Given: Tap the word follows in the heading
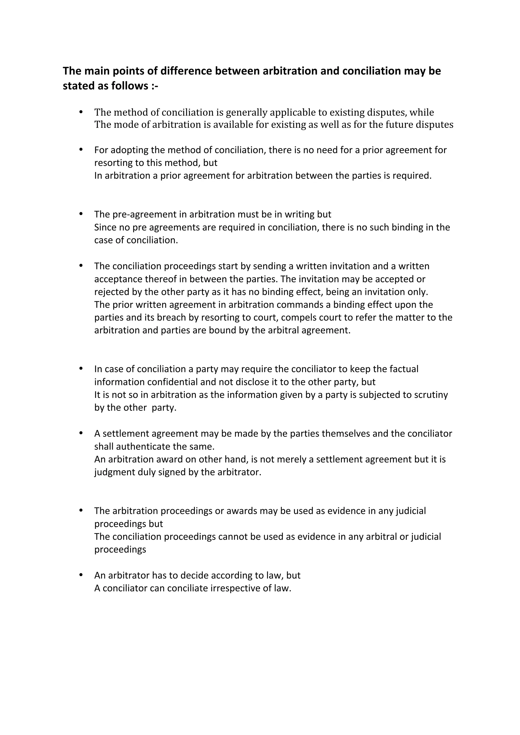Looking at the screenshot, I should [x=129, y=86].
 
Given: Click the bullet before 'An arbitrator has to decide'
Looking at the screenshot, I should [x=81, y=575].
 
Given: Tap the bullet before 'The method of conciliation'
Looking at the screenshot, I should [x=81, y=112].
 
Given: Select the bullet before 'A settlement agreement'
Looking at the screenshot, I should [x=81, y=433].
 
